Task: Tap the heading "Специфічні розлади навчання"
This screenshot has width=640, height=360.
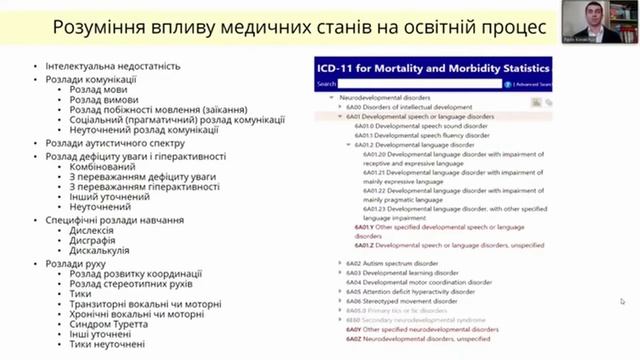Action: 114,219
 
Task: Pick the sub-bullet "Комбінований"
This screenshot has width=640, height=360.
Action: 105,166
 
